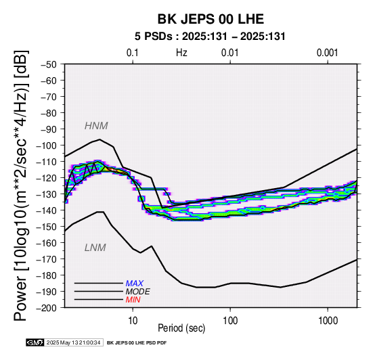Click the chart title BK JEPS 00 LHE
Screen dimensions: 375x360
coord(211,19)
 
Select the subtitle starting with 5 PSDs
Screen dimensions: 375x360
coord(210,37)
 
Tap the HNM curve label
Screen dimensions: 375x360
coord(96,126)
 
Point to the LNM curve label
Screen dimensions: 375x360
coord(95,248)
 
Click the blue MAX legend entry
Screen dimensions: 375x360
coord(135,284)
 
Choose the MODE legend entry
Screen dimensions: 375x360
coord(138,292)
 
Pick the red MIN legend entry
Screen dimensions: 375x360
coord(133,300)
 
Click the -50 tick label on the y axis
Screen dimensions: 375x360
coord(48,64)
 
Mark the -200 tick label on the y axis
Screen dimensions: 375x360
coord(47,308)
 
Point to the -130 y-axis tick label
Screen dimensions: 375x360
coord(47,194)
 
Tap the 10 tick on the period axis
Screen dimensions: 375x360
coord(133,321)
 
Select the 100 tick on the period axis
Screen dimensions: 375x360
coord(230,321)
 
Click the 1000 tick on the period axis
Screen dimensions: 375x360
coord(328,321)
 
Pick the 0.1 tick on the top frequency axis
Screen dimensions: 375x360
coord(133,53)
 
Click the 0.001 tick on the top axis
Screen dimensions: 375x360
coord(328,53)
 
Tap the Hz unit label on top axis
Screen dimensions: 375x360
coord(181,53)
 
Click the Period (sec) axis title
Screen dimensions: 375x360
coord(181,328)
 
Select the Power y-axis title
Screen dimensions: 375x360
coord(21,185)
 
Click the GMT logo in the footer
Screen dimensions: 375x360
coord(35,343)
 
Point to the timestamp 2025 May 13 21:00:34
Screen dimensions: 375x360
coord(73,343)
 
